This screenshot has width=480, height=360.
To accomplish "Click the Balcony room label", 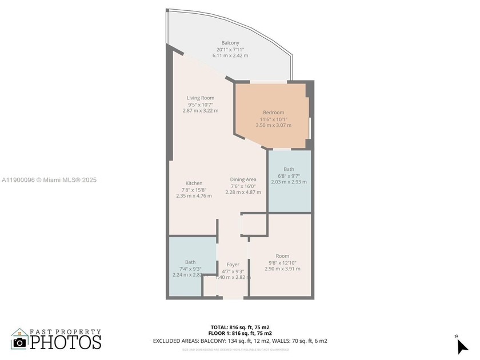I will pyautogui.click(x=230, y=43).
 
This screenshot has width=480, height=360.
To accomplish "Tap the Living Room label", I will pyautogui.click(x=200, y=98).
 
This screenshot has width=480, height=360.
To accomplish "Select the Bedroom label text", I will pyautogui.click(x=273, y=113).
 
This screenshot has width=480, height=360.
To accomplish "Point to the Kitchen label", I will pyautogui.click(x=194, y=183).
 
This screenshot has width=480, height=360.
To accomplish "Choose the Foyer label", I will pyautogui.click(x=233, y=265).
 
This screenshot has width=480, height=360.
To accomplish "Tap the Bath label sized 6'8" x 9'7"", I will pyautogui.click(x=289, y=169).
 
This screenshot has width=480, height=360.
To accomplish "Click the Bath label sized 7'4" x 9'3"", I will pyautogui.click(x=190, y=262).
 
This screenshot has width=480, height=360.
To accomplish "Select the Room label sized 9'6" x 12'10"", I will pyautogui.click(x=282, y=256).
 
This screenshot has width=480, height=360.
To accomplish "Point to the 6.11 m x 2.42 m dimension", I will pyautogui.click(x=230, y=55).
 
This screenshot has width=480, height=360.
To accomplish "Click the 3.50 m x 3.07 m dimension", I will pyautogui.click(x=273, y=125).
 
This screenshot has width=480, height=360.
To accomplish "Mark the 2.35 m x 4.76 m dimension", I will pyautogui.click(x=194, y=195).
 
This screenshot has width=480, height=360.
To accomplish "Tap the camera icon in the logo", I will pyautogui.click(x=19, y=341).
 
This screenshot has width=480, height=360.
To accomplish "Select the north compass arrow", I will pyautogui.click(x=462, y=345).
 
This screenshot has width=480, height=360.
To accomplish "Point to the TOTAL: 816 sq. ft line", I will pyautogui.click(x=240, y=327).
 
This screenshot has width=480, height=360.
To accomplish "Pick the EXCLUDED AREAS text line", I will pyautogui.click(x=240, y=341).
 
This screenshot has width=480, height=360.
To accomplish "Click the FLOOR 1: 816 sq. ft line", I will pyautogui.click(x=240, y=333).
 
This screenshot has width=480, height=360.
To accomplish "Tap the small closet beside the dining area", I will pyautogui.click(x=254, y=225).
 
